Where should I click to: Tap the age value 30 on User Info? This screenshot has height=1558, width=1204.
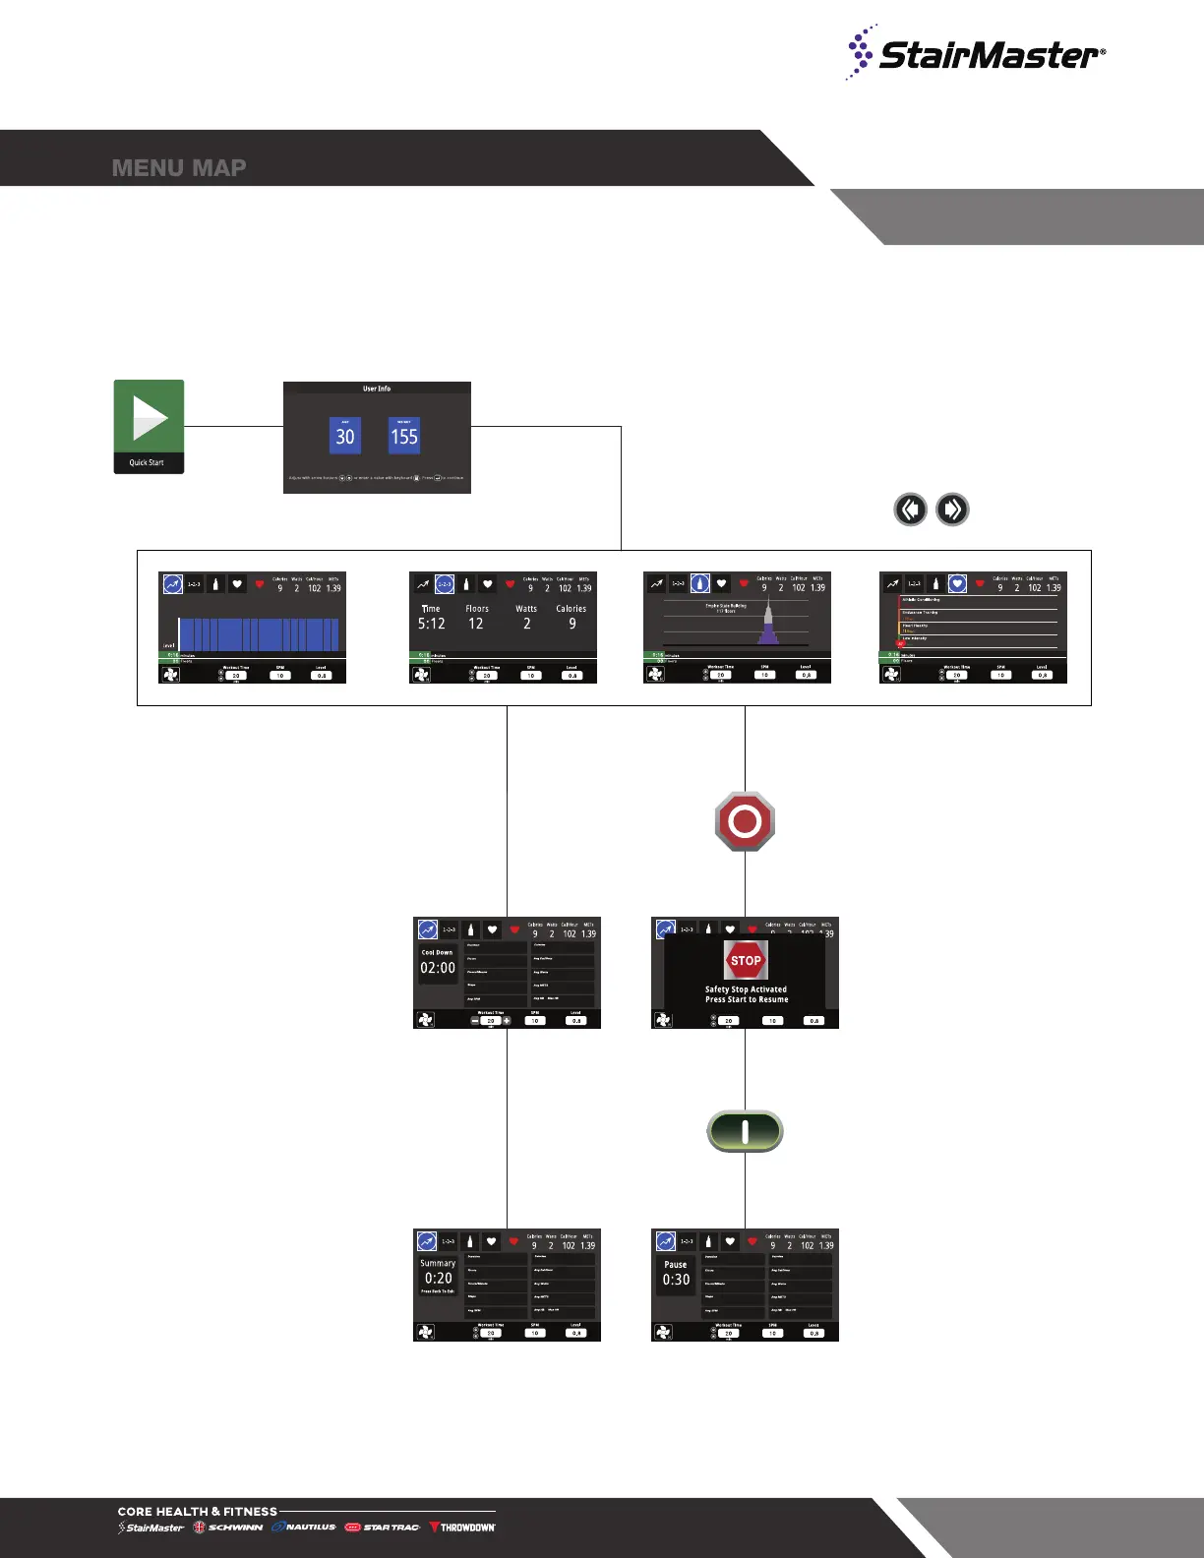[x=344, y=436]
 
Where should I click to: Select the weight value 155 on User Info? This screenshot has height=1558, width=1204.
[x=404, y=436]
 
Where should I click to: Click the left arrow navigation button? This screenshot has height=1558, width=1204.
[x=910, y=509]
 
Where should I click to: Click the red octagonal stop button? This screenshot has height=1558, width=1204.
[x=745, y=821]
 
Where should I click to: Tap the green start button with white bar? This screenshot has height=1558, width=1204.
[x=745, y=1131]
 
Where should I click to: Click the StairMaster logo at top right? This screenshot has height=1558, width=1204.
[x=976, y=53]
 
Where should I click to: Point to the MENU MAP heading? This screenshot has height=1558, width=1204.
[x=179, y=168]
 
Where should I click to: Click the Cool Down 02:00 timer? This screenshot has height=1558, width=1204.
[x=438, y=963]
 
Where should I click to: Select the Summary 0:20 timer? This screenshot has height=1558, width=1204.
[x=438, y=1274]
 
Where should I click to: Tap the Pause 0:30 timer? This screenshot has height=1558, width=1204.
[x=676, y=1275]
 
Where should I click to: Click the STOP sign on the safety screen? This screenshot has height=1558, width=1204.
[x=746, y=960]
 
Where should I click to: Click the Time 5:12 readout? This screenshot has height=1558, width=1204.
[x=431, y=618]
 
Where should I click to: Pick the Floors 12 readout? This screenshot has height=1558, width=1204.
[x=477, y=618]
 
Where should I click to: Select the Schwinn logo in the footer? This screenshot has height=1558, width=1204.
[x=228, y=1528]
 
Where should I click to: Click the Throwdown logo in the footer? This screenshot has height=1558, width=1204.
[x=462, y=1528]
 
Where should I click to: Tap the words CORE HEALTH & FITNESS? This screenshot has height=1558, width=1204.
[x=197, y=1512]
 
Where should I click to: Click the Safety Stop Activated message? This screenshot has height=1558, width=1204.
[x=746, y=994]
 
